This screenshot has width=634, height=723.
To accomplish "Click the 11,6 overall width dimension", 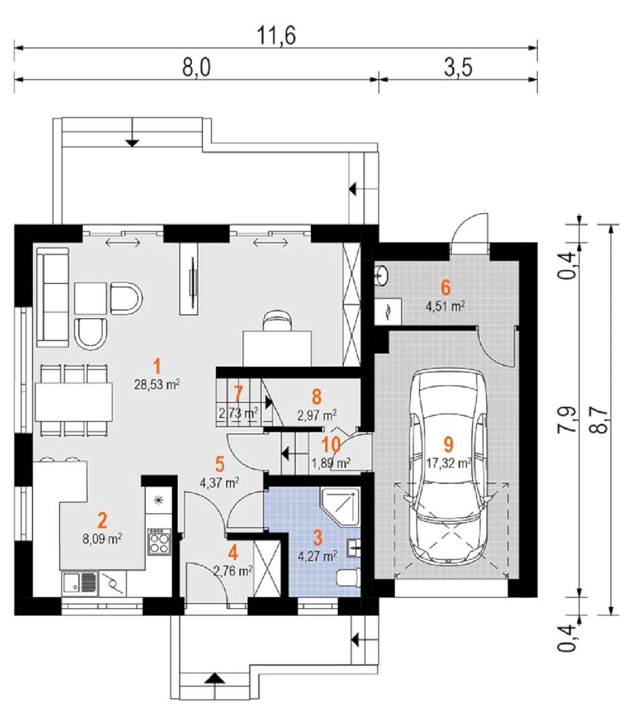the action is pyautogui.click(x=276, y=36).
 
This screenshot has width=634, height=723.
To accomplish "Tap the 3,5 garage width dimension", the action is pyautogui.click(x=459, y=67).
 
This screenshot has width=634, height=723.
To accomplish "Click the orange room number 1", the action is pyautogui.click(x=157, y=366).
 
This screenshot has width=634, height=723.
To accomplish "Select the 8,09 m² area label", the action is pyautogui.click(x=102, y=539).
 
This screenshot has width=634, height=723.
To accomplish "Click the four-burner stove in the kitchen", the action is pyautogui.click(x=159, y=541).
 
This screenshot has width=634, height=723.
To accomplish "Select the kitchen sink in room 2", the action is pyautogui.click(x=79, y=583).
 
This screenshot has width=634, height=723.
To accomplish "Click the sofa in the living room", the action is pyautogui.click(x=53, y=297).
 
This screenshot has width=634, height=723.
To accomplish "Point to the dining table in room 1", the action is pyautogui.click(x=74, y=400).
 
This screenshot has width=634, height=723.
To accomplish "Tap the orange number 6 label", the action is pyautogui.click(x=445, y=287).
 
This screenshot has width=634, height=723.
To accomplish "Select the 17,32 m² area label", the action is pyautogui.click(x=449, y=463).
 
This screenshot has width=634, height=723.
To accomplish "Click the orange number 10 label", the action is pyautogui.click(x=330, y=445).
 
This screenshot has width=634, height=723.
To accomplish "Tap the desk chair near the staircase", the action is pyautogui.click(x=277, y=321).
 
